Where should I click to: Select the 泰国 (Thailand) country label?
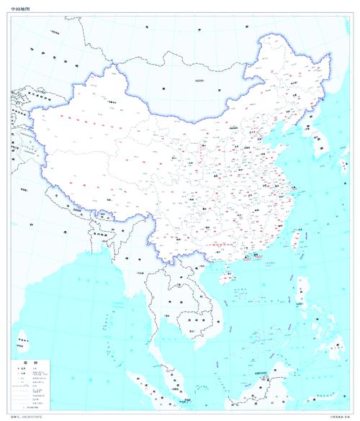click(x=167, y=295)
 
